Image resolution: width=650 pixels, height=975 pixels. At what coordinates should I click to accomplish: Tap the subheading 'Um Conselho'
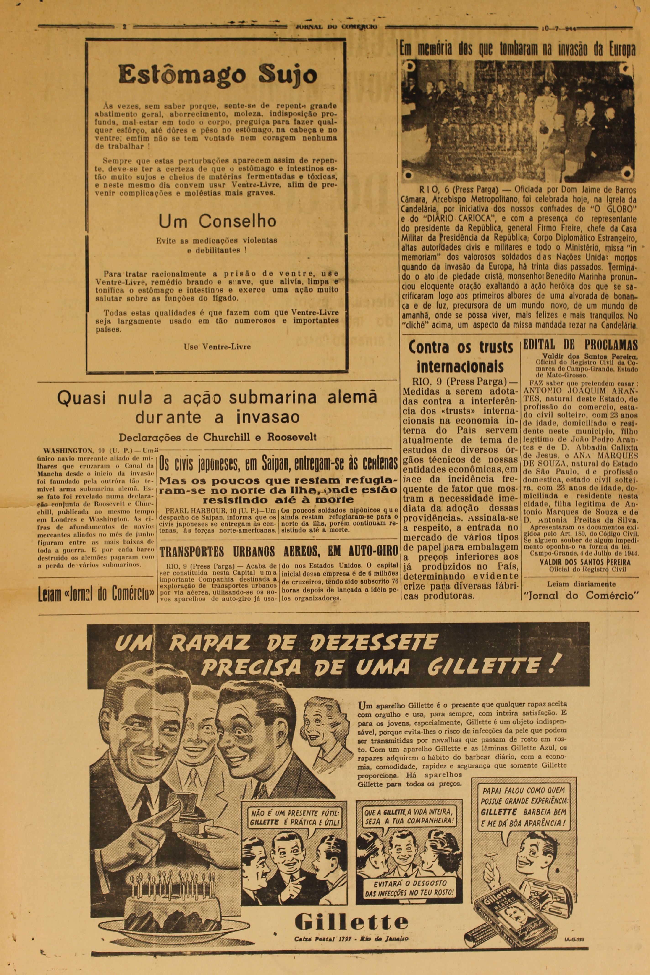click(x=217, y=221)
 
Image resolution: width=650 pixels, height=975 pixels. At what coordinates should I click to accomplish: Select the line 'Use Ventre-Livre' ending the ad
click(x=217, y=346)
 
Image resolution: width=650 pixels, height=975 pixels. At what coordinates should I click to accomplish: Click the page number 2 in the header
click(x=124, y=27)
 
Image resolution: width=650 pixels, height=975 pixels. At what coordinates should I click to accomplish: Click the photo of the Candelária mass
click(x=517, y=120)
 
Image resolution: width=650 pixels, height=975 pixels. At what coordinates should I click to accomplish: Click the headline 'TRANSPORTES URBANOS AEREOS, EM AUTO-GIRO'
click(x=279, y=551)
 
